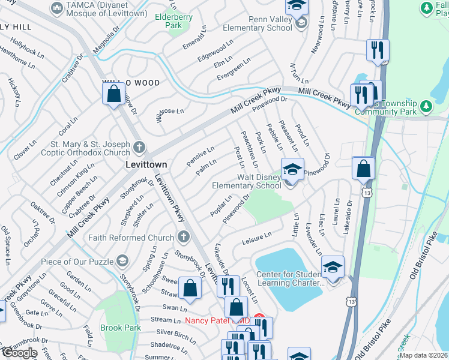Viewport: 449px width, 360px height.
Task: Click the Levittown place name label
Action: [x=145, y=164]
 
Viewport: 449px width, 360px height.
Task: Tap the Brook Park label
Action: [x=121, y=328]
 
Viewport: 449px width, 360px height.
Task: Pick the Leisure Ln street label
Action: [x=256, y=238]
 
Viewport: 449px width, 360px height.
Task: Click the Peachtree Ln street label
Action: [x=249, y=149]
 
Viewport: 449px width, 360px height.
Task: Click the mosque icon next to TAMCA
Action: [x=57, y=7]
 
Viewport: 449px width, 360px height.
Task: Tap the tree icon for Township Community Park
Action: [x=426, y=106]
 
